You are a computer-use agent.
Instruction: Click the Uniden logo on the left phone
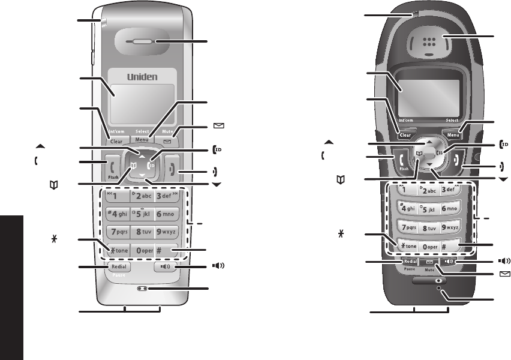pyautogui.click(x=142, y=77)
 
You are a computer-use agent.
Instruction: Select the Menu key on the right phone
pyautogui.click(x=453, y=136)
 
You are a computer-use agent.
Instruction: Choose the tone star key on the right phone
pyautogui.click(x=408, y=245)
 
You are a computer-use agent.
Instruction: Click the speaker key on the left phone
pyautogui.click(x=165, y=266)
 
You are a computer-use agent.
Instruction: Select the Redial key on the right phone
pyautogui.click(x=410, y=262)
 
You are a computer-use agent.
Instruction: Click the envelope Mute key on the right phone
pyautogui.click(x=429, y=262)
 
